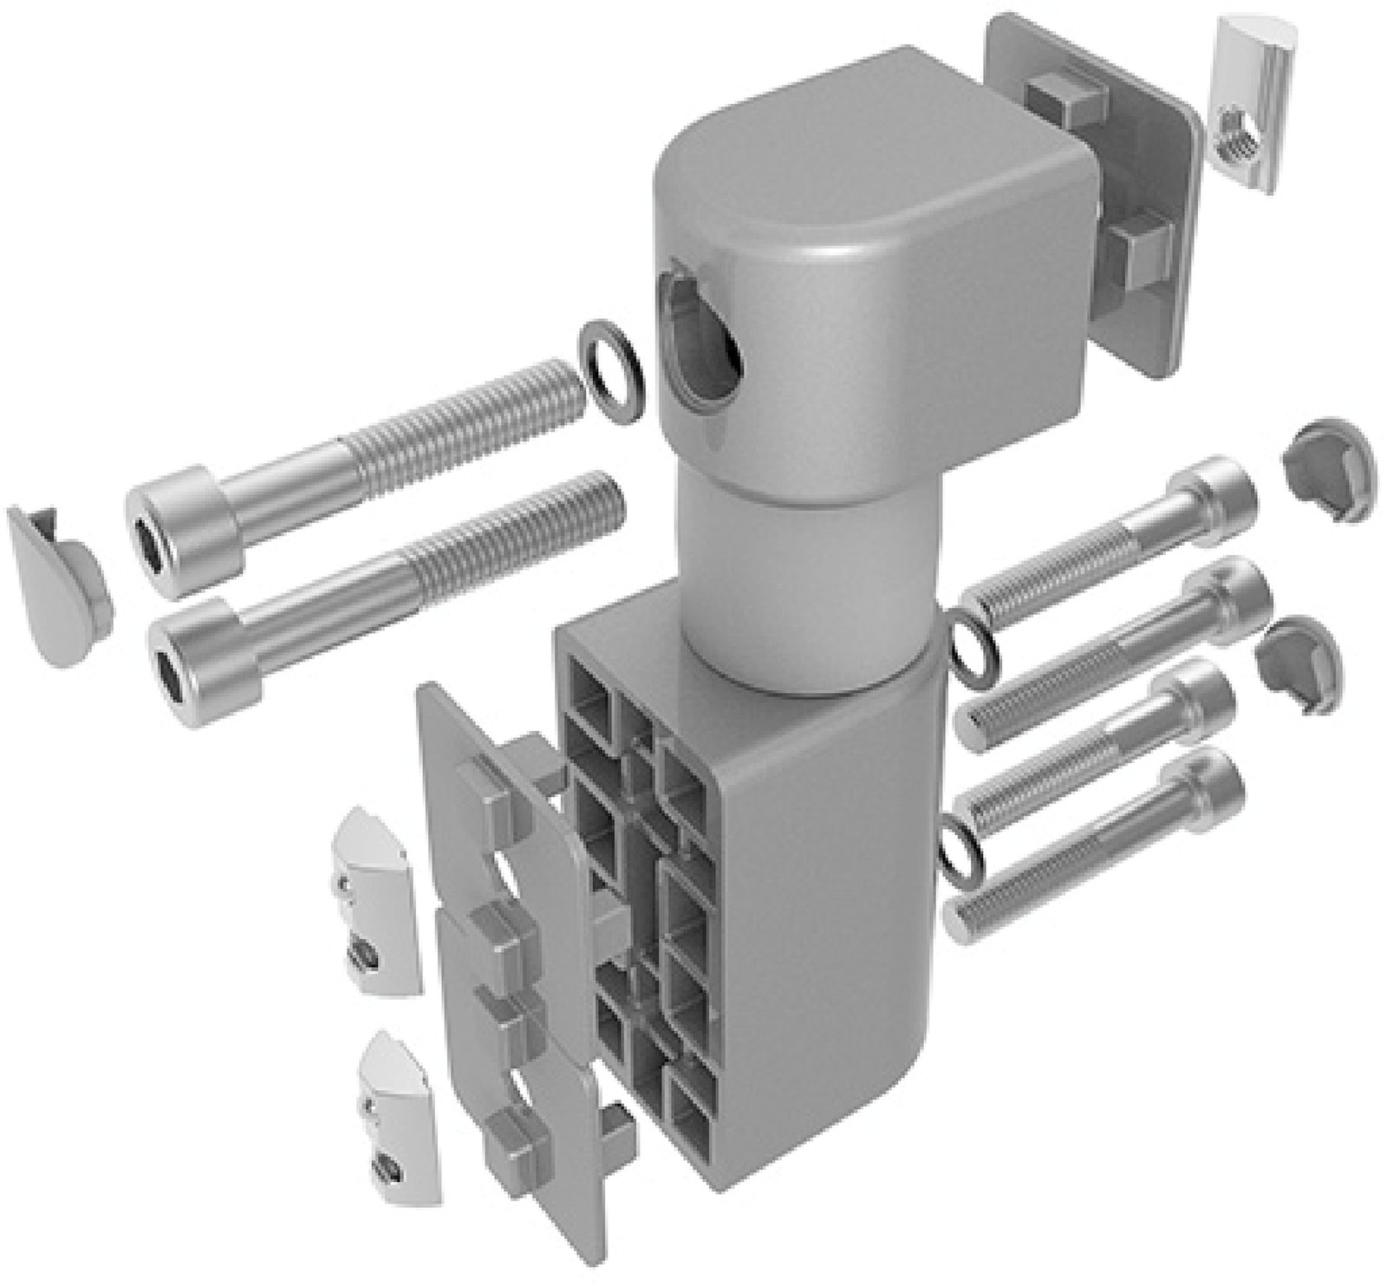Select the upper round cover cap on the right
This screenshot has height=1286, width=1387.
tap(1326, 468)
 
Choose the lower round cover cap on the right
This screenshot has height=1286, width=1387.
tap(1300, 663)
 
